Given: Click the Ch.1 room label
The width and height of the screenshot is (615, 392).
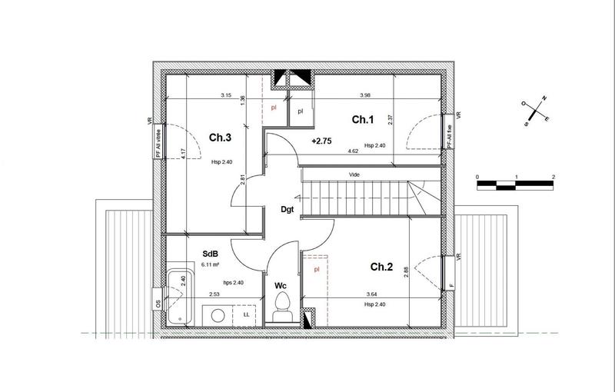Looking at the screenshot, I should pyautogui.click(x=362, y=119).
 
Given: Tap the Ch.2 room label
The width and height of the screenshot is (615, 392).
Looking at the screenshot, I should pyautogui.click(x=382, y=267).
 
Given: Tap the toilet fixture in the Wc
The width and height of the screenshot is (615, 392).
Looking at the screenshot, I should pyautogui.click(x=281, y=307).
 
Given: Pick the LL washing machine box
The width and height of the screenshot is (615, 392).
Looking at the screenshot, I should pyautogui.click(x=245, y=314).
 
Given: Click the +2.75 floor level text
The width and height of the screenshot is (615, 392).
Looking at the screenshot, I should pyautogui.click(x=321, y=141).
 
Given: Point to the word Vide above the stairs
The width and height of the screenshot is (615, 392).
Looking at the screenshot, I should pyautogui.click(x=355, y=174).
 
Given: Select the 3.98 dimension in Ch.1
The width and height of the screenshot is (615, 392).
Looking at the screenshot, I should pyautogui.click(x=365, y=95).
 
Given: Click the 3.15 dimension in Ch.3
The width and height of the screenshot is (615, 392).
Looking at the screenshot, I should pyautogui.click(x=226, y=95).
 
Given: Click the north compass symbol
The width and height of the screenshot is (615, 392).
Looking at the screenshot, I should pyautogui.click(x=535, y=111).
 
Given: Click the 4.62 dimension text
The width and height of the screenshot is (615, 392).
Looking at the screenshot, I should pyautogui.click(x=354, y=151).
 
